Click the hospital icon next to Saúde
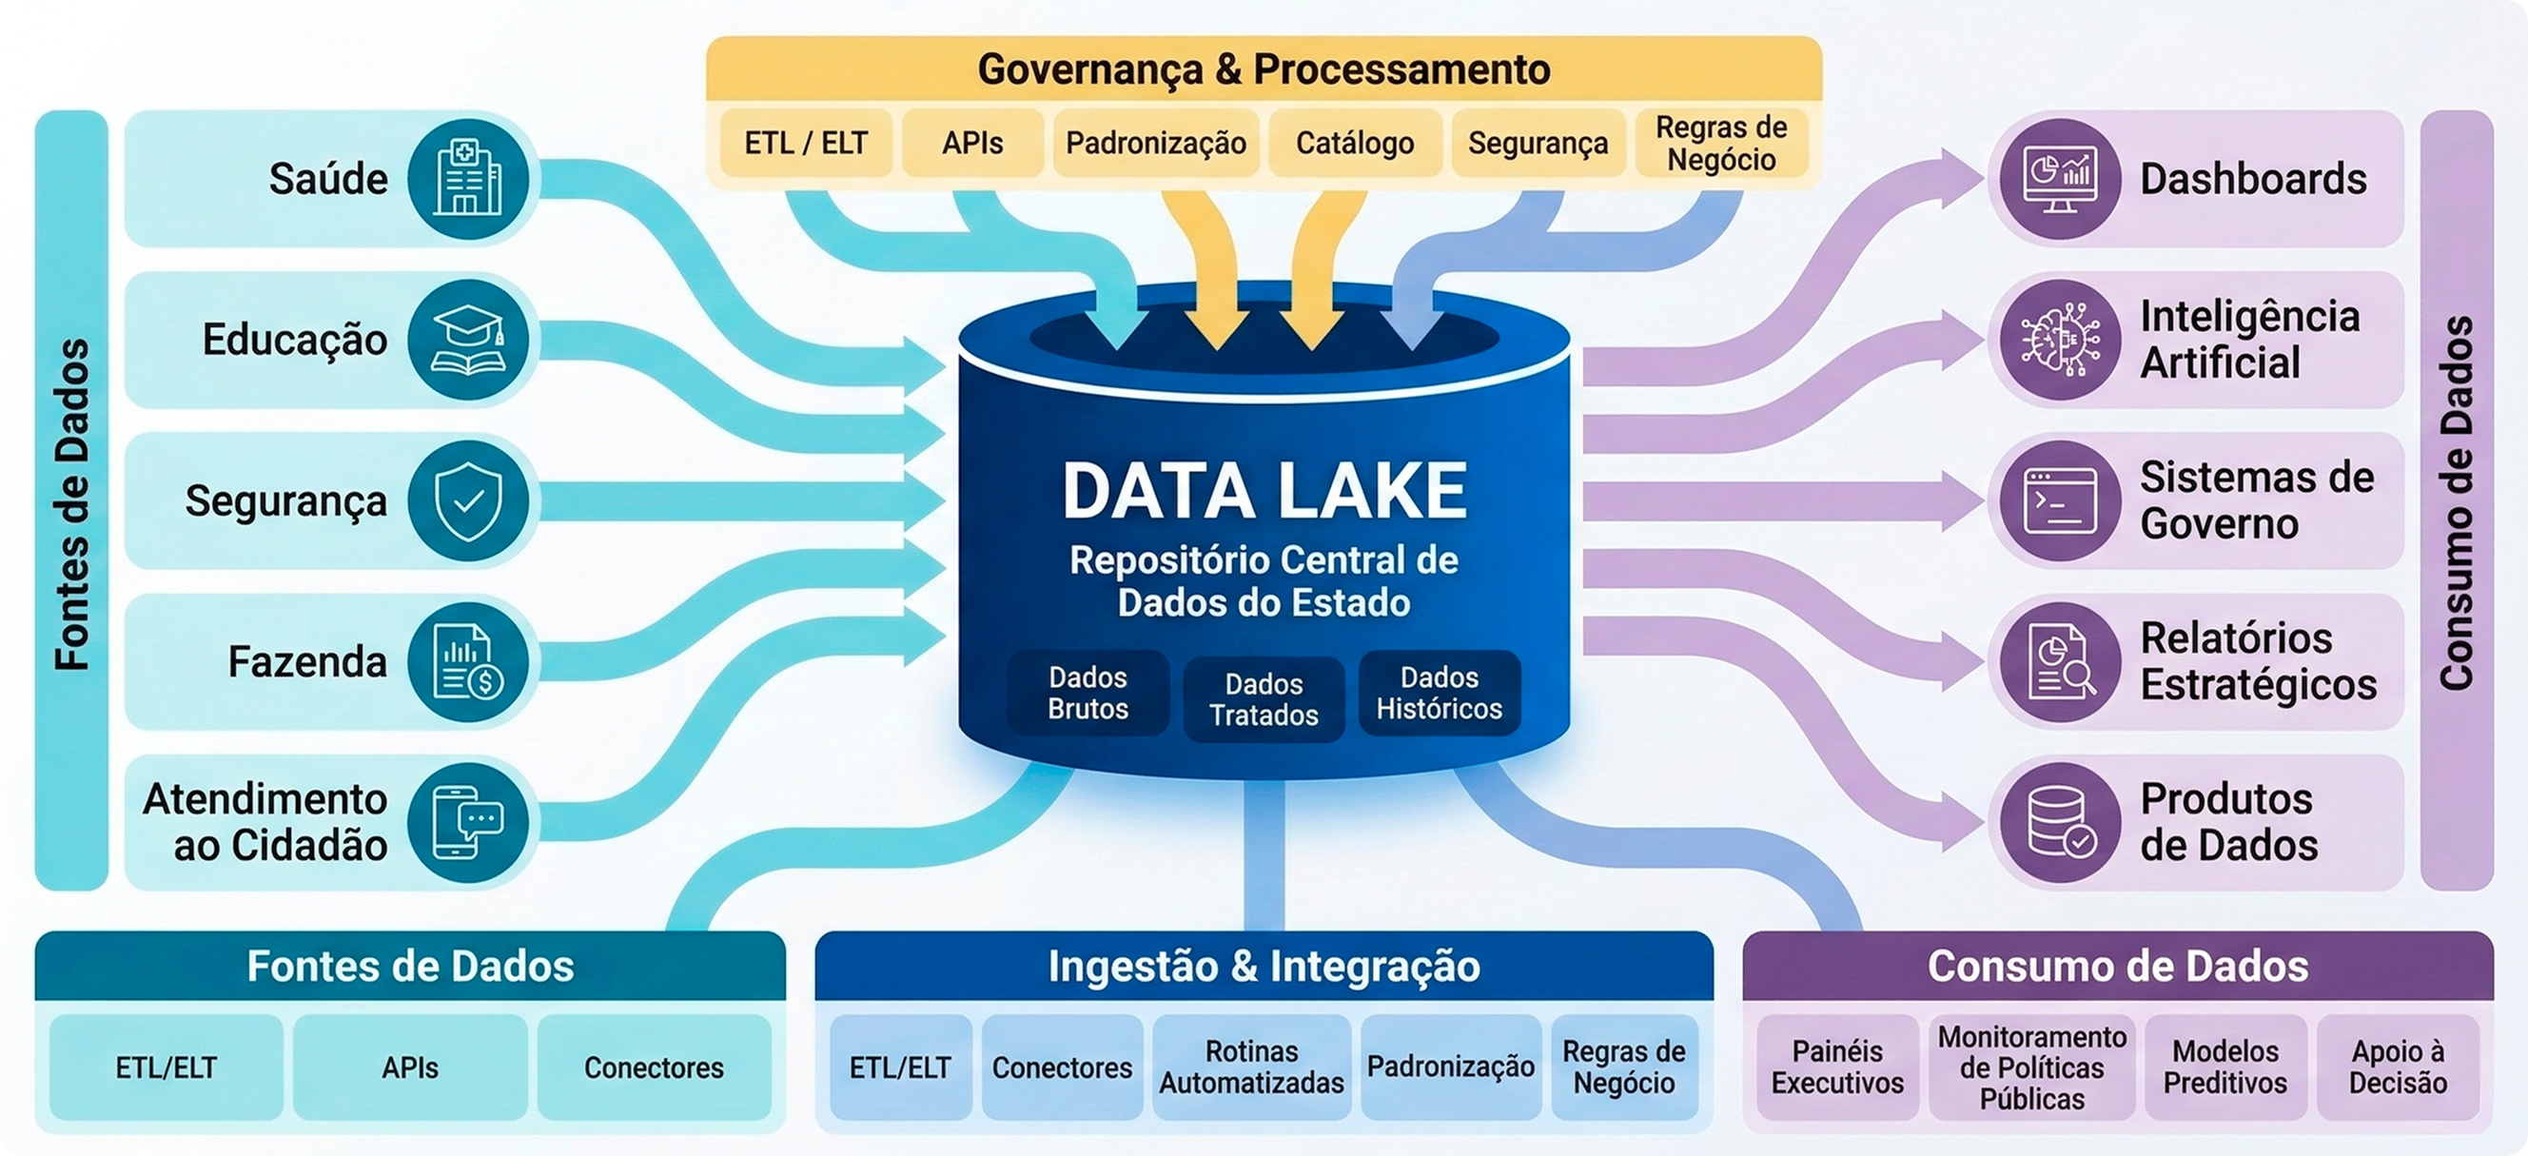[469, 179]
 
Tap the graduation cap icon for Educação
[469, 340]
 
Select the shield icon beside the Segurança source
[469, 500]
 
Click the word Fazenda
[307, 661]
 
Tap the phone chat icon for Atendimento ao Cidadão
[469, 822]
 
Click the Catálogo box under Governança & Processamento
[1354, 144]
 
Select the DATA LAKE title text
[1264, 491]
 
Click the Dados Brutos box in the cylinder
[1088, 693]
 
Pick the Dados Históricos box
[1439, 693]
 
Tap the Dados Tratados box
[1263, 698]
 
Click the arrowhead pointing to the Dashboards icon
[1958, 180]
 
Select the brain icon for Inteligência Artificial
[2061, 340]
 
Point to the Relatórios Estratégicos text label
[2257, 661]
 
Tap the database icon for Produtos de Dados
[2061, 822]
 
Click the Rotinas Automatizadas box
[1251, 1067]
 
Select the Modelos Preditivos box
[2224, 1067]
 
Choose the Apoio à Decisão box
[2398, 1067]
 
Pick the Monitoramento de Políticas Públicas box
[2031, 1067]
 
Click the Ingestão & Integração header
[1264, 966]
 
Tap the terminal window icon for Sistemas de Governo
[2061, 500]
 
